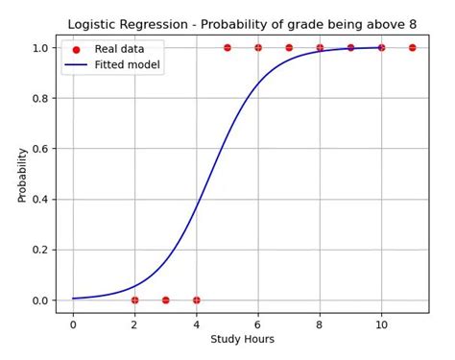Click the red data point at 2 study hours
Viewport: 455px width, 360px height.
134,300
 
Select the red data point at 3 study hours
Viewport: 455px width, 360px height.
165,300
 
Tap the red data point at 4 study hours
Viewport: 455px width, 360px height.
197,300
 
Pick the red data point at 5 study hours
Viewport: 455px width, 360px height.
227,47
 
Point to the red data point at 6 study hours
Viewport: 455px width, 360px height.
258,47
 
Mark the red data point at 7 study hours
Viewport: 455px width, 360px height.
289,47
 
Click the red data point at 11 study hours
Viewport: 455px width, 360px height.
413,47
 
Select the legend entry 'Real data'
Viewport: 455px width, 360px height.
118,49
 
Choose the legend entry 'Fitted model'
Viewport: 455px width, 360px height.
128,65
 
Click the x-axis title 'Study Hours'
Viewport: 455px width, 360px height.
242,339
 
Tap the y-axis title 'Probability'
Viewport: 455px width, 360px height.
22,174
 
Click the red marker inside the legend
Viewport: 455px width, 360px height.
77,49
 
